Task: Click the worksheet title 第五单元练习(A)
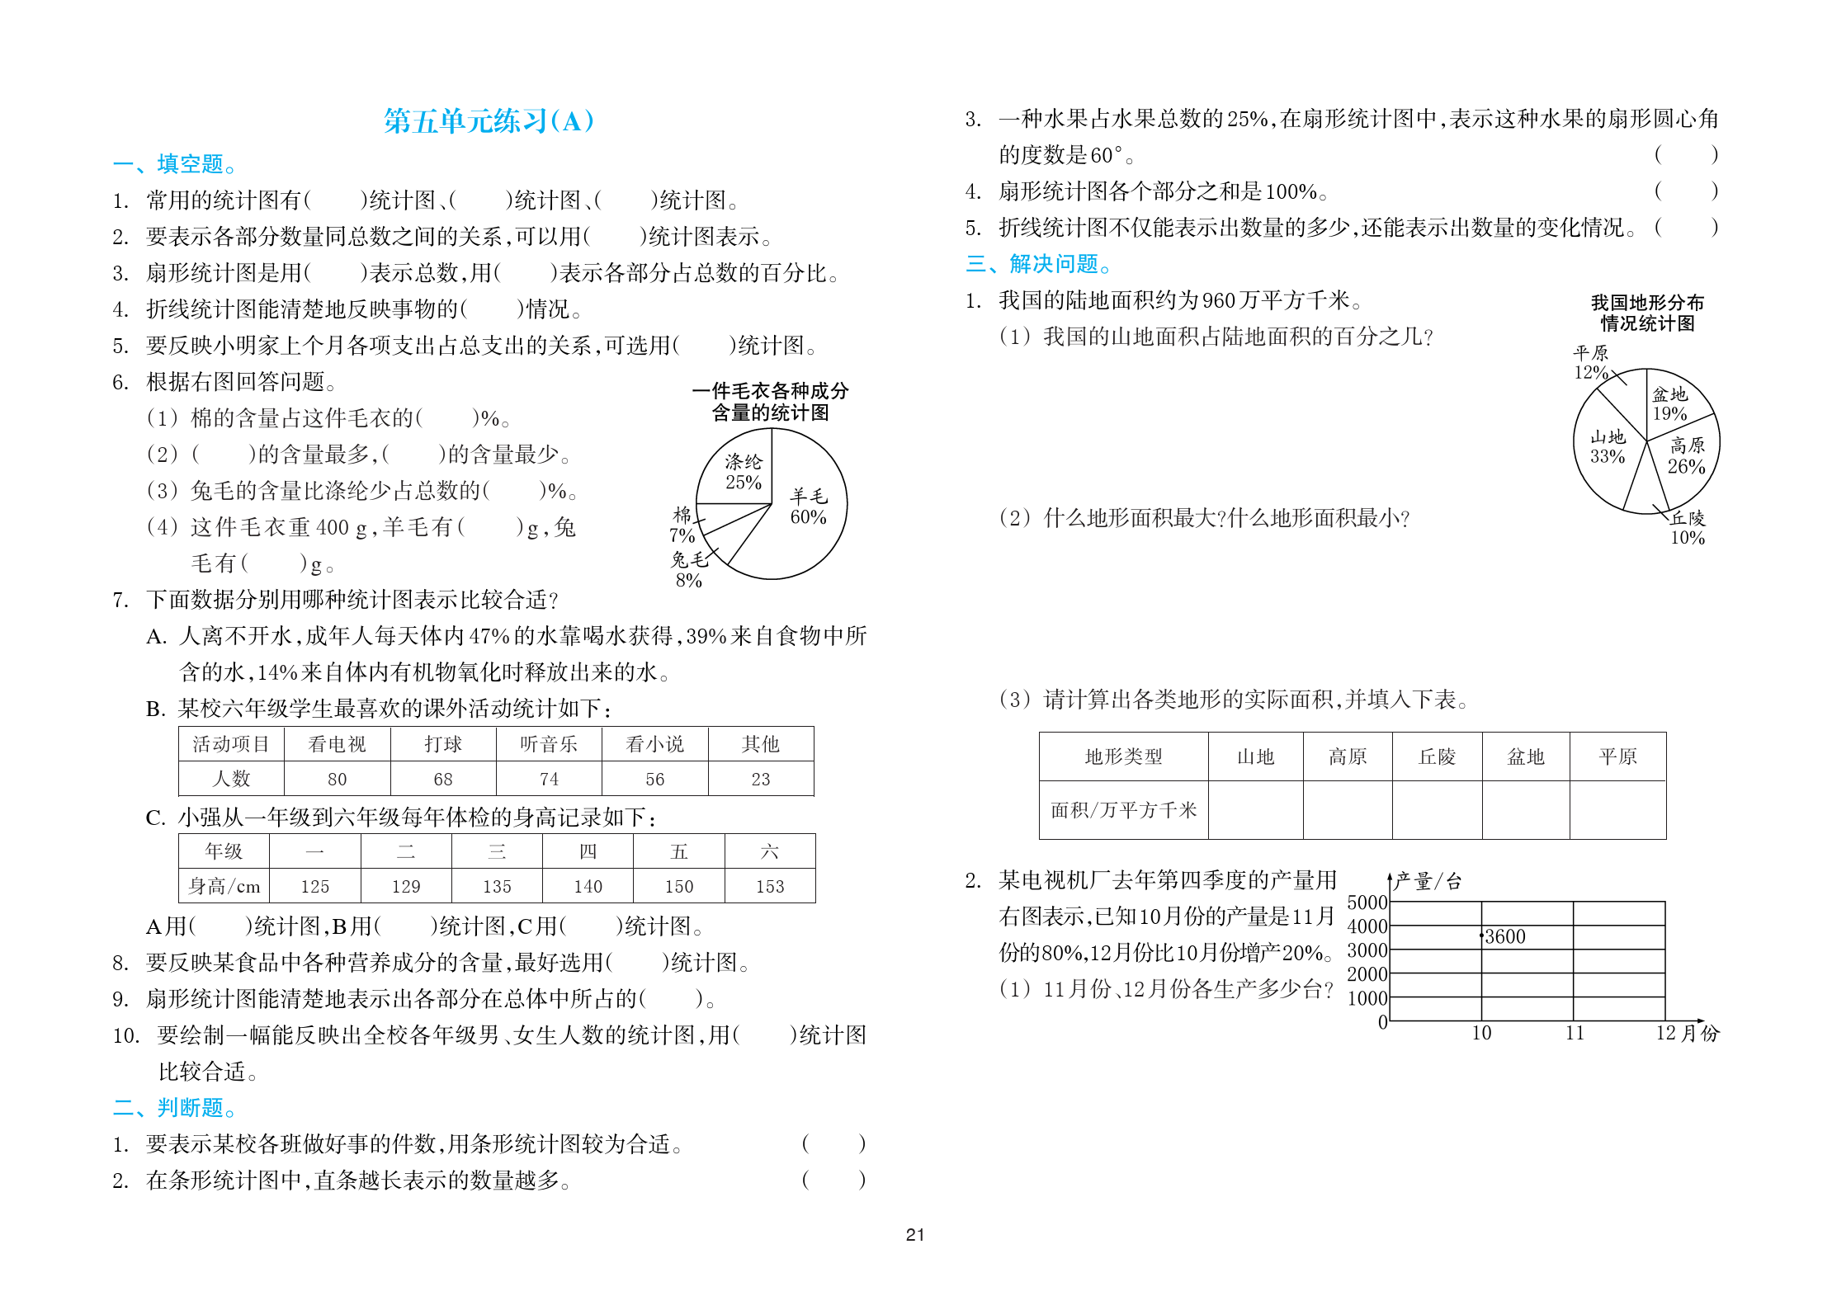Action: (x=489, y=121)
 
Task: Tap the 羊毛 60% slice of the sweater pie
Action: (x=807, y=507)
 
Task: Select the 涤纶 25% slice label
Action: (x=743, y=472)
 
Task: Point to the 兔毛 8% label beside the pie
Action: (x=689, y=569)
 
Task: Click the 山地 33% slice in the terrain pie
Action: (x=1608, y=446)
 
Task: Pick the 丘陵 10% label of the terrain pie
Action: (x=1688, y=527)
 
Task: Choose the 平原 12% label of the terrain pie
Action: (x=1590, y=362)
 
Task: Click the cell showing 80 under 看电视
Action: (x=337, y=779)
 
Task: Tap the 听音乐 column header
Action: (x=549, y=744)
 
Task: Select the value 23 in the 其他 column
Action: (x=760, y=779)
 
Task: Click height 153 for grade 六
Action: (x=769, y=886)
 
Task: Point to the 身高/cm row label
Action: (x=224, y=886)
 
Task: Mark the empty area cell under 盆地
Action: (x=1525, y=809)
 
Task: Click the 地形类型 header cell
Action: (x=1123, y=756)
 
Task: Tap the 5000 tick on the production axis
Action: (x=1367, y=902)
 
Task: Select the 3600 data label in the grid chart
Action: (x=1504, y=936)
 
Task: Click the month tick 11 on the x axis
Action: (x=1575, y=1033)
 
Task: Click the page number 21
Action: (x=915, y=1235)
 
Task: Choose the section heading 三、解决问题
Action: (x=1038, y=264)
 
